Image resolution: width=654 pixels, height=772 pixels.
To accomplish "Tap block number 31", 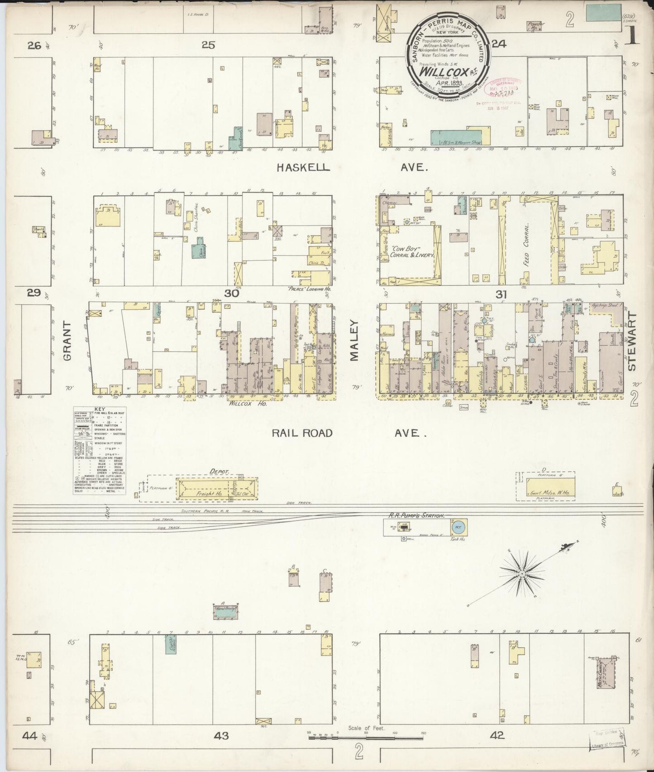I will (501, 294).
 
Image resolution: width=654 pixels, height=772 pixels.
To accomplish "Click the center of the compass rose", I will (522, 574).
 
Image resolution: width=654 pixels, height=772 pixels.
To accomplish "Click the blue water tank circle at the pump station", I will (458, 527).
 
